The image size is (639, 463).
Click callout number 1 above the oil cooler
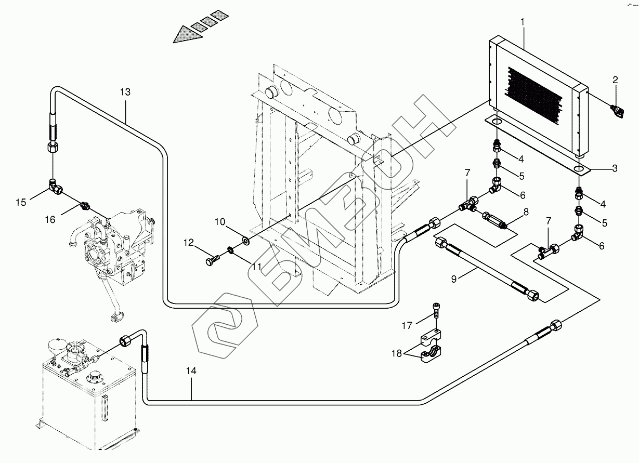tap(523, 23)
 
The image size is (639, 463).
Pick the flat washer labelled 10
tap(244, 241)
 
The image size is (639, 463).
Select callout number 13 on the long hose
tap(125, 92)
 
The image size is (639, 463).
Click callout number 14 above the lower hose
tap(191, 371)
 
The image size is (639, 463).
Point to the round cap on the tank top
tap(95, 376)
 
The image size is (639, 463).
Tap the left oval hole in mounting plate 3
tap(496, 122)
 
